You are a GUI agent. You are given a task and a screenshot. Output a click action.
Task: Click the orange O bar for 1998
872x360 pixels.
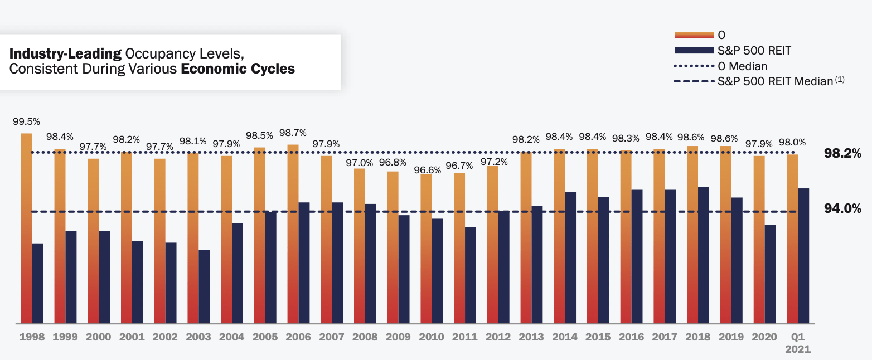(26, 228)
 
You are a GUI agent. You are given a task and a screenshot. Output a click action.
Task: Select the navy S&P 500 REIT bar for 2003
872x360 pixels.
(204, 286)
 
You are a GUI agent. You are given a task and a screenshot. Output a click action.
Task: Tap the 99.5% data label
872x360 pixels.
(26, 121)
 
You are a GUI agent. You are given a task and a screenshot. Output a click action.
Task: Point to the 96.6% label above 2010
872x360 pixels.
(427, 169)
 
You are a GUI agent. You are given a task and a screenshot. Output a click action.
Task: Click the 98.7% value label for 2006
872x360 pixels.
(293, 133)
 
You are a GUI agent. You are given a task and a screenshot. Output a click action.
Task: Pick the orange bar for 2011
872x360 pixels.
(459, 248)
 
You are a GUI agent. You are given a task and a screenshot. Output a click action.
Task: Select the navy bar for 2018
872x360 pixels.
(704, 255)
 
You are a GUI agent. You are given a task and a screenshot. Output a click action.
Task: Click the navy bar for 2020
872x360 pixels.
(770, 274)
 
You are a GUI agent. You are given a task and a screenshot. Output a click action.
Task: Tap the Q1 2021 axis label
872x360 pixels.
(798, 343)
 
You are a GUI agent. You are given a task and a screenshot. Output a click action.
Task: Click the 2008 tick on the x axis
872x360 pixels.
(365, 337)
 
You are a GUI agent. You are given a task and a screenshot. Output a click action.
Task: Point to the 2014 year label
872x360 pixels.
(565, 337)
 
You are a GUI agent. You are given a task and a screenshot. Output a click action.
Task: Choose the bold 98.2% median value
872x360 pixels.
(842, 153)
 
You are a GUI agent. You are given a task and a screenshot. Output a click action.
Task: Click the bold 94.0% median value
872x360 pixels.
(842, 208)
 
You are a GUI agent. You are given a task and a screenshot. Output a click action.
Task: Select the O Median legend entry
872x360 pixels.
(743, 66)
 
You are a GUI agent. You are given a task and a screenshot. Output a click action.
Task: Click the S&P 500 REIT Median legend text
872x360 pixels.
(775, 81)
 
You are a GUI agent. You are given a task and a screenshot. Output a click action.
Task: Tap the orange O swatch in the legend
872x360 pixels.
(694, 35)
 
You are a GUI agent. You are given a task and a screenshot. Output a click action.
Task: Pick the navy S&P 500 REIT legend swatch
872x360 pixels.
(694, 51)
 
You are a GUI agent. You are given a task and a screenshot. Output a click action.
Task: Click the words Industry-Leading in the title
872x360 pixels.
(66, 54)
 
